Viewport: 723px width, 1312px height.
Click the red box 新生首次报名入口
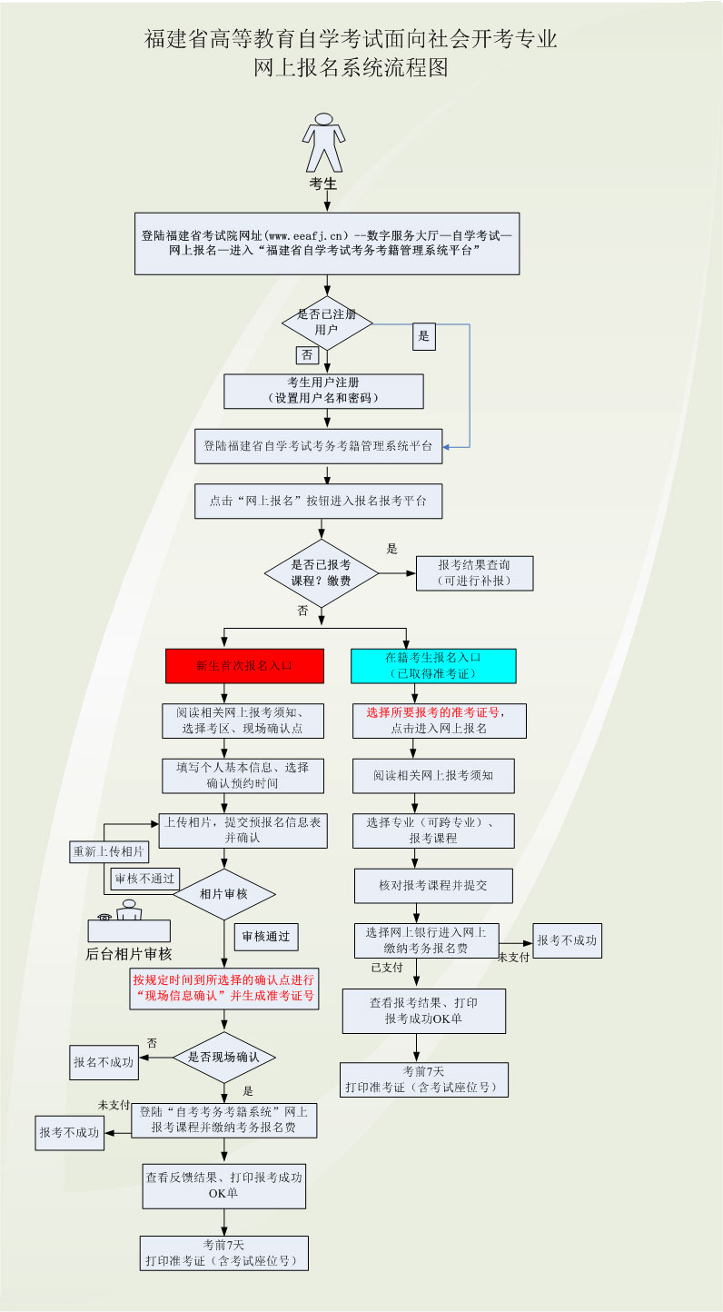(244, 665)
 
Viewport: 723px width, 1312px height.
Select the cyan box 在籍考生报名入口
(433, 665)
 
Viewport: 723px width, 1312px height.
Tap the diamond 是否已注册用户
(327, 323)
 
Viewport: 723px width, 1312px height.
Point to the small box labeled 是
(423, 336)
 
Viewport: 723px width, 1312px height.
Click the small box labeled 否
(307, 355)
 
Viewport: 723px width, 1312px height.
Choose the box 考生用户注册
(323, 391)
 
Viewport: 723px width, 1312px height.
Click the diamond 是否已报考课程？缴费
(321, 573)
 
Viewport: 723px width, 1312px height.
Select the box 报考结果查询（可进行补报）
(474, 573)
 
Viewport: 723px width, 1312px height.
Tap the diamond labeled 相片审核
(223, 894)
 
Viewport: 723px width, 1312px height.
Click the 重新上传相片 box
(110, 852)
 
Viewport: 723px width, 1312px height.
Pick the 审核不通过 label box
(144, 879)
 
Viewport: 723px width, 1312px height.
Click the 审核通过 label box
(265, 936)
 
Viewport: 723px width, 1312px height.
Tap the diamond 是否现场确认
(223, 1057)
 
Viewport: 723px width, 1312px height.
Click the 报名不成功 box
(104, 1061)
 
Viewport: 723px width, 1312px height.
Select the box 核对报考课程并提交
(433, 885)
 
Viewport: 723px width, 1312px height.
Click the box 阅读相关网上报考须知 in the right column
(433, 776)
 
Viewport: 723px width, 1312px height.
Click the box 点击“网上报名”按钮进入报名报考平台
(318, 501)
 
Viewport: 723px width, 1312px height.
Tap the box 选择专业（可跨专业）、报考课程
(433, 830)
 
